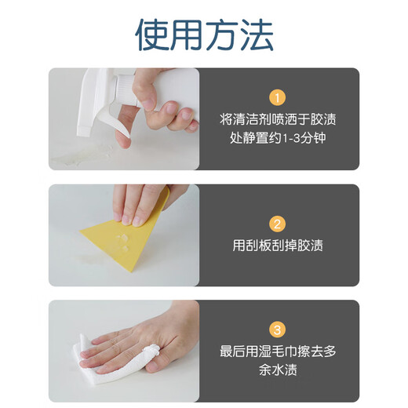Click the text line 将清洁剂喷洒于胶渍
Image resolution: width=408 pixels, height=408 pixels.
coord(278,120)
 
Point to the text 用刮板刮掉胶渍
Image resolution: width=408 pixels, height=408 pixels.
coord(278,246)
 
